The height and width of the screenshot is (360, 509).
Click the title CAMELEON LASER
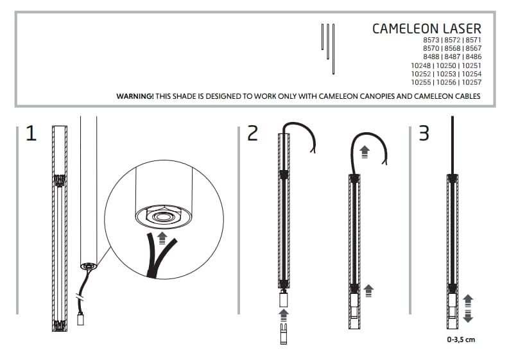tap(427, 29)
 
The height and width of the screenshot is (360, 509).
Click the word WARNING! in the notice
tap(135, 96)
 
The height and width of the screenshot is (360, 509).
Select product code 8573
tap(431, 40)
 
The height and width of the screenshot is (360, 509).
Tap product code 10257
tap(471, 82)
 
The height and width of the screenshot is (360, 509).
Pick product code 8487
tap(453, 57)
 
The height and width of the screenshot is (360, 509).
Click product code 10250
tap(446, 65)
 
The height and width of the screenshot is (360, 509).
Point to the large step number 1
tap(31, 133)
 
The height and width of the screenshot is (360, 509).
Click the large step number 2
tap(252, 133)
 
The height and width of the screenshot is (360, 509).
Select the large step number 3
tap(424, 133)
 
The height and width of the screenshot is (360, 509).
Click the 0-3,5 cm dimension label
tap(461, 339)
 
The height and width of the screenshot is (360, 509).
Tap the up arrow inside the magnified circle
tap(162, 238)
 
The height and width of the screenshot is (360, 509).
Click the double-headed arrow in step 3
tap(468, 309)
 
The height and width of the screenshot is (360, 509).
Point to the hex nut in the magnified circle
tap(162, 215)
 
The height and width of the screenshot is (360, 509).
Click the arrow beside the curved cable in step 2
tap(365, 152)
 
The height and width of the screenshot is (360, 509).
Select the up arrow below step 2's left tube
tap(284, 316)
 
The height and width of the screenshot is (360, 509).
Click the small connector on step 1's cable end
tap(80, 318)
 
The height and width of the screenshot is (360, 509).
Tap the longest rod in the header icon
tap(333, 49)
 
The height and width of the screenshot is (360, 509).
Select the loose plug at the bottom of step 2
tap(284, 334)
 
